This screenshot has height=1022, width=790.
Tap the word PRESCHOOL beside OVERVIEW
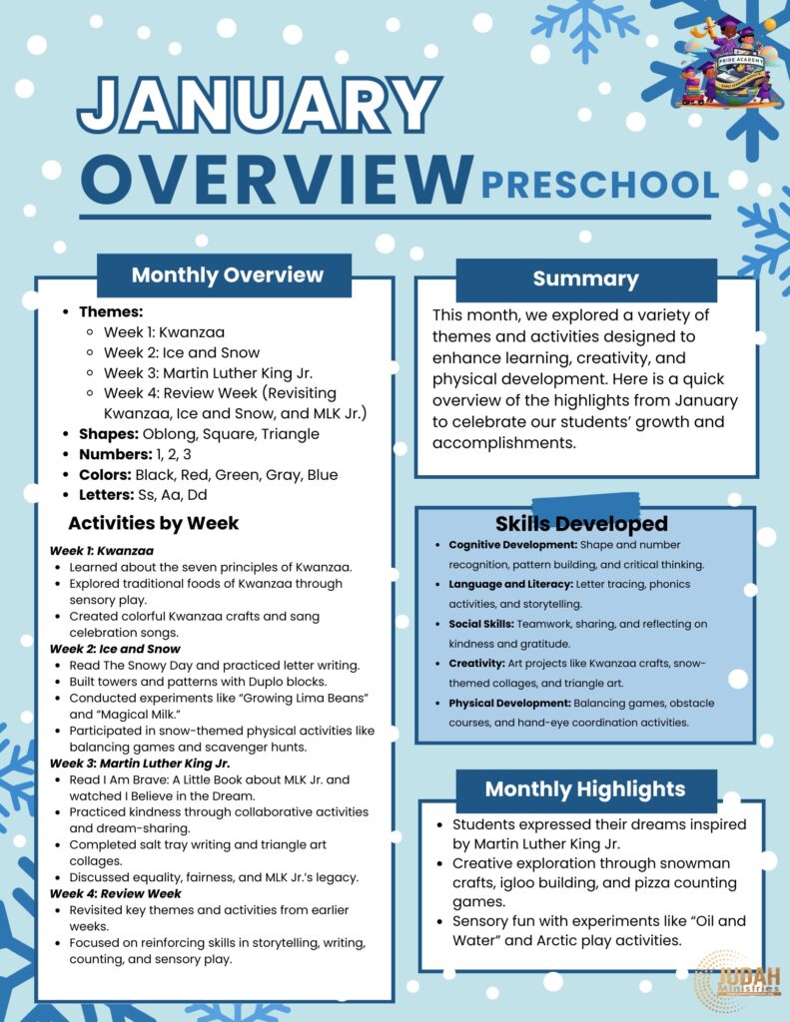599,185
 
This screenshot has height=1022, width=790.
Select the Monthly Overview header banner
227,275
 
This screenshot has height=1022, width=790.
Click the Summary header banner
585,279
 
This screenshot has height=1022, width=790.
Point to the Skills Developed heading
581,524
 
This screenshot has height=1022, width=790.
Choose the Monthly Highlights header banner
585,789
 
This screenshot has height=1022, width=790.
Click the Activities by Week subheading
153,523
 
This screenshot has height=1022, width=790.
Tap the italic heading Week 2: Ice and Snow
101,649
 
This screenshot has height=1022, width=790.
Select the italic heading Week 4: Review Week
115,893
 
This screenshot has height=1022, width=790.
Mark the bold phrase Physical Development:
509,703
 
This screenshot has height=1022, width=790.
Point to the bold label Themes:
111,311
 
